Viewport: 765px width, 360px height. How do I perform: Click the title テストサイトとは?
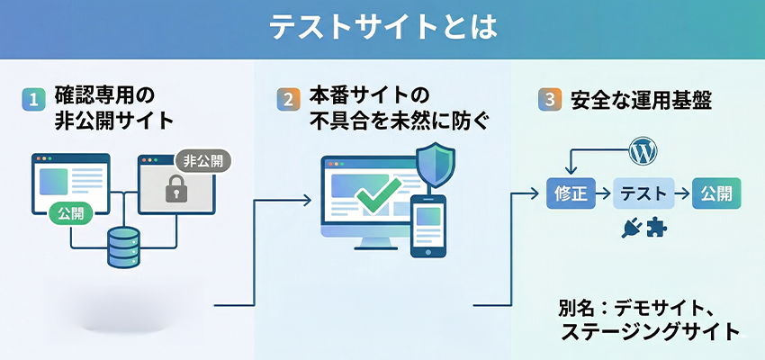click(x=382, y=28)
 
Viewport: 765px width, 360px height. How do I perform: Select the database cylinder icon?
click(x=123, y=247)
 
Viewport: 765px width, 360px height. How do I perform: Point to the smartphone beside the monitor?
click(x=428, y=226)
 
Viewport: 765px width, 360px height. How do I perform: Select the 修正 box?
click(x=571, y=193)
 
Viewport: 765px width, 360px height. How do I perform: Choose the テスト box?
click(x=643, y=193)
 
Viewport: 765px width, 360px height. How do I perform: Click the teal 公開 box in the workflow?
click(x=716, y=193)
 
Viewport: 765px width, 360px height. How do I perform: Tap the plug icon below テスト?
click(x=631, y=229)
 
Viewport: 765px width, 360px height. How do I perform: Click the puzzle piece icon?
click(x=658, y=229)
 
